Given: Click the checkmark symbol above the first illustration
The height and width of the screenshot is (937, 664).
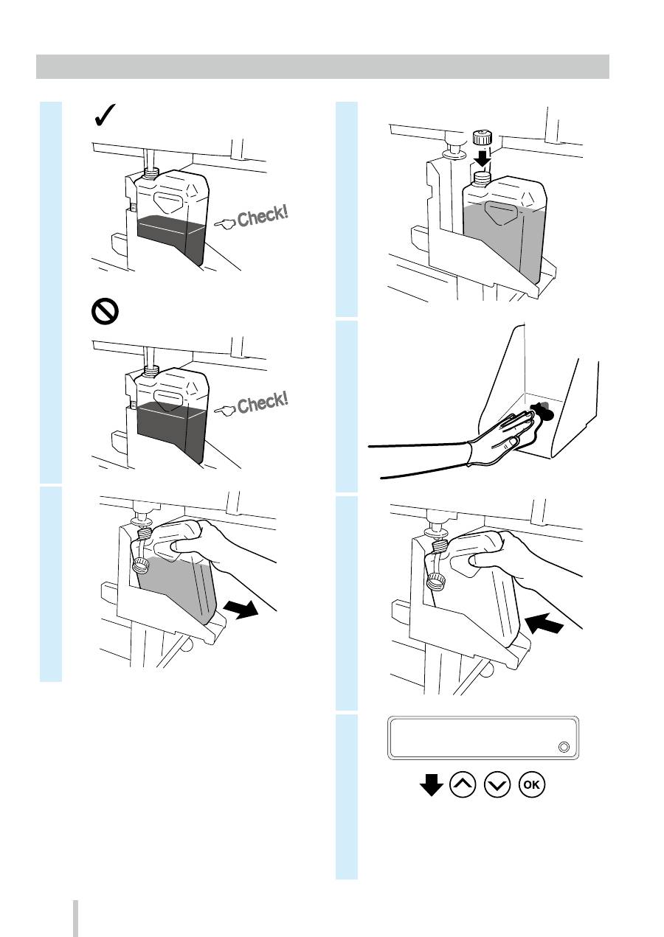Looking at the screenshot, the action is [x=105, y=115].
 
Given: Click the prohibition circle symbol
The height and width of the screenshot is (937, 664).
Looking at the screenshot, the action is [x=105, y=311].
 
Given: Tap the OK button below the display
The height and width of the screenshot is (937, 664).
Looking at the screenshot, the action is [x=532, y=784].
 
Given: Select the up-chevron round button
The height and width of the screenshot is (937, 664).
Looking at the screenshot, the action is [x=462, y=784].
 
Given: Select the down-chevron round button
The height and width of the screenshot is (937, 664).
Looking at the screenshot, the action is [x=497, y=784].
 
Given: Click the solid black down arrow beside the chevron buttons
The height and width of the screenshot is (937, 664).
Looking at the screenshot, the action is [x=431, y=784].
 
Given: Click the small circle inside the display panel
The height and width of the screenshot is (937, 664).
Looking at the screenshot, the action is [x=564, y=747].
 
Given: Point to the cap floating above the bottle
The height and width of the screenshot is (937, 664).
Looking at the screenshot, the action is [x=483, y=138].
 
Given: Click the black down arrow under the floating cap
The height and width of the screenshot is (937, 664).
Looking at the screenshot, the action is [x=483, y=159].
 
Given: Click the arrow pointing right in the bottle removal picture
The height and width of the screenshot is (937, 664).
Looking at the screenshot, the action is [x=241, y=609].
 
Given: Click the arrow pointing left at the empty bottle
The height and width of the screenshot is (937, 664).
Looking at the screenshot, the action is [x=544, y=623].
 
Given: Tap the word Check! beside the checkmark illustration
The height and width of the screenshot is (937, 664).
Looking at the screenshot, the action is [x=263, y=216].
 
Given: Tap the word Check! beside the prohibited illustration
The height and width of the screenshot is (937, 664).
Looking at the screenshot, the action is [x=263, y=403].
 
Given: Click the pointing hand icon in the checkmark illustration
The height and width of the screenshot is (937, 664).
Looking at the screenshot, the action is [x=225, y=224].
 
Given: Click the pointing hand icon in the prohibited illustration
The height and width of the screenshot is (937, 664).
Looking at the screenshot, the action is [x=225, y=411].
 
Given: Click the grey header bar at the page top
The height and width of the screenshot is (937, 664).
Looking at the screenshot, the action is [x=322, y=66].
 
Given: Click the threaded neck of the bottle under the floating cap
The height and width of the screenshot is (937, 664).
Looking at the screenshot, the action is [x=483, y=178].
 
